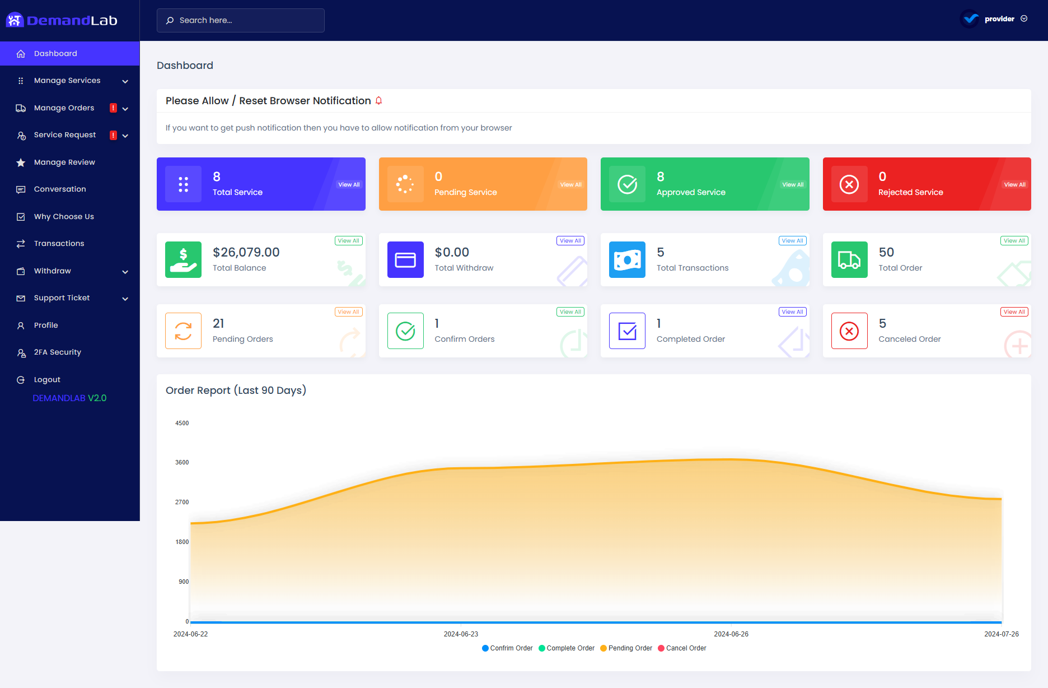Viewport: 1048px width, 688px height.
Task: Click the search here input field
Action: pos(241,20)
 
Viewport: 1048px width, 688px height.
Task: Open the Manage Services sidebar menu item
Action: pos(67,81)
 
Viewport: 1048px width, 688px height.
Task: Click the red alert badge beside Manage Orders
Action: pos(113,108)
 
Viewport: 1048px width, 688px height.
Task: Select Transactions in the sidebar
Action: pos(59,244)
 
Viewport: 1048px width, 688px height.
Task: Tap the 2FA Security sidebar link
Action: pos(57,352)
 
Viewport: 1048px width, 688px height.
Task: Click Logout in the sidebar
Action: pos(47,380)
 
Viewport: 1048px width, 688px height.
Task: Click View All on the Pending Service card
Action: pos(570,185)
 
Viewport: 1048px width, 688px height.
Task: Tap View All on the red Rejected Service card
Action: pos(1014,185)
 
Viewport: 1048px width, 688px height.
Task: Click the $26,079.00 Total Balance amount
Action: pos(246,253)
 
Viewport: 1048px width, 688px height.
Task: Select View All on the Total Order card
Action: pos(1014,241)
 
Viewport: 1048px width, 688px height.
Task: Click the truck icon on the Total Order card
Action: pos(849,260)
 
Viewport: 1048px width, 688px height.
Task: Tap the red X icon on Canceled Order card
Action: pos(849,331)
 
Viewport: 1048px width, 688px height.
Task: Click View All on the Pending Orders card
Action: pos(348,312)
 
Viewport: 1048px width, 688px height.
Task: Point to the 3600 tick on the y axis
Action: pos(182,463)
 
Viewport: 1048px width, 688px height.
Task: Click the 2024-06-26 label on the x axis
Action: pos(731,634)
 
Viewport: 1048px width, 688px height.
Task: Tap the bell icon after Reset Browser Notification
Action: pos(379,101)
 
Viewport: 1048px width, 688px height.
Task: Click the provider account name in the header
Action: pos(999,19)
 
